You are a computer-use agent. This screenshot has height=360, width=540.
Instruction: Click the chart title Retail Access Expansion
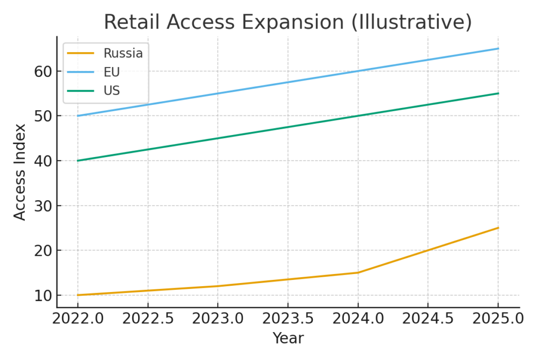pyautogui.click(x=287, y=23)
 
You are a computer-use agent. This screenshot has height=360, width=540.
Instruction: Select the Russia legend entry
pyautogui.click(x=123, y=53)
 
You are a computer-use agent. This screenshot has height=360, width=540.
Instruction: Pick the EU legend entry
pyautogui.click(x=112, y=72)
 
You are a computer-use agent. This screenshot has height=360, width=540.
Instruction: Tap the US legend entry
pyautogui.click(x=112, y=91)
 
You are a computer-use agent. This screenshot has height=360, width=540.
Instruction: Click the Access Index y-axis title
pyautogui.click(x=20, y=172)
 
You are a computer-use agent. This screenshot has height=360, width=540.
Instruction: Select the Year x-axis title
pyautogui.click(x=288, y=338)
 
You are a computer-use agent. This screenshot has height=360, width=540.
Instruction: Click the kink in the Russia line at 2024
pyautogui.click(x=358, y=273)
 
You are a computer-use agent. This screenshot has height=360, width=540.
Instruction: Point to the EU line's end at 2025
pyautogui.click(x=498, y=48)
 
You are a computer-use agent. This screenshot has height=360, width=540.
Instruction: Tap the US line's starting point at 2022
pyautogui.click(x=78, y=161)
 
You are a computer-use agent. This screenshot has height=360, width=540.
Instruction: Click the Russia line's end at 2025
pyautogui.click(x=498, y=228)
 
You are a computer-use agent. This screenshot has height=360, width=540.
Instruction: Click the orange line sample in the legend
pyautogui.click(x=81, y=53)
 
